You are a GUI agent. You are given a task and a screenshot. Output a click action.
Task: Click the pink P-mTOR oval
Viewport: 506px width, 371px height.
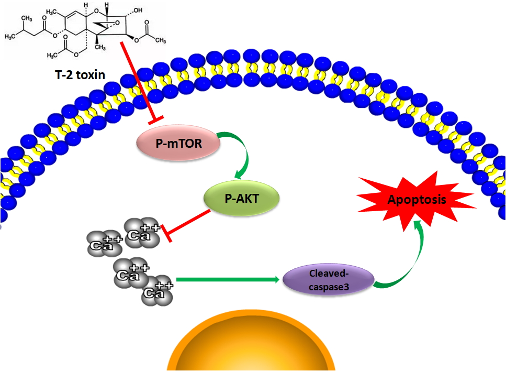coord(178,143)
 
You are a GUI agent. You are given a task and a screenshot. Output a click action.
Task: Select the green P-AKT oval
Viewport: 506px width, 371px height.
coord(241,198)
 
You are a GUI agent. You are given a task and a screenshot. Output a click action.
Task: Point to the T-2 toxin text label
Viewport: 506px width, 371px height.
coord(81,75)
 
